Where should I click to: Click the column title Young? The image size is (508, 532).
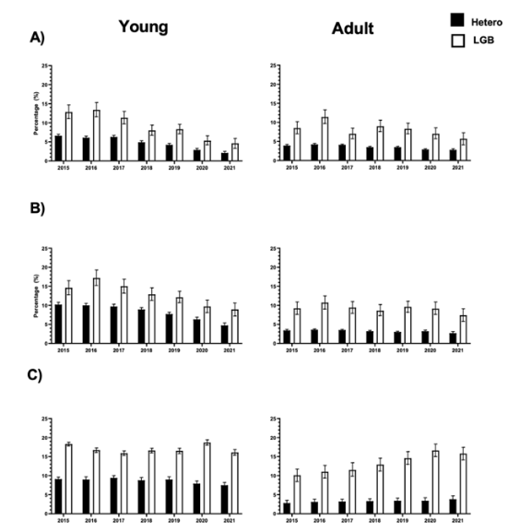pyautogui.click(x=143, y=27)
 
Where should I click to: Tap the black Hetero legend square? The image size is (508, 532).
pyautogui.click(x=455, y=18)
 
